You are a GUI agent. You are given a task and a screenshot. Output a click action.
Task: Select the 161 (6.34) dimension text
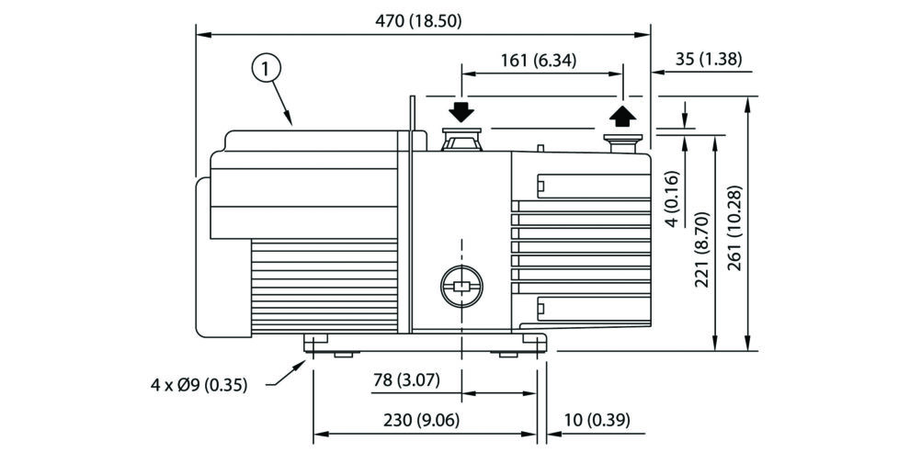[539, 62]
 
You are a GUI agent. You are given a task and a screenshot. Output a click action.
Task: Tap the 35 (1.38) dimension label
[709, 60]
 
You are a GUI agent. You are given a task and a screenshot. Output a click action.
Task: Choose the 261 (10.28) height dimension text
[734, 230]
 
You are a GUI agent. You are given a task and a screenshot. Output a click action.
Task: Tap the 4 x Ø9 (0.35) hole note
[199, 385]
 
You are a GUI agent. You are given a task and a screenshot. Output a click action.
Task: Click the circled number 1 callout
[266, 68]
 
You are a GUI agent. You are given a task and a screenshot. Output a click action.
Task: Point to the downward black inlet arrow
[461, 112]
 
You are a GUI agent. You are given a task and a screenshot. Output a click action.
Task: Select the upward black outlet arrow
[622, 115]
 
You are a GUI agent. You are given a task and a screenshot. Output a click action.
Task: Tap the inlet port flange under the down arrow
[461, 141]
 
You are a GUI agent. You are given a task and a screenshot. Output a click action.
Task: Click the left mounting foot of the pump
[315, 343]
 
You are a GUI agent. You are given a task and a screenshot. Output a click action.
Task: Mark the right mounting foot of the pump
[534, 343]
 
